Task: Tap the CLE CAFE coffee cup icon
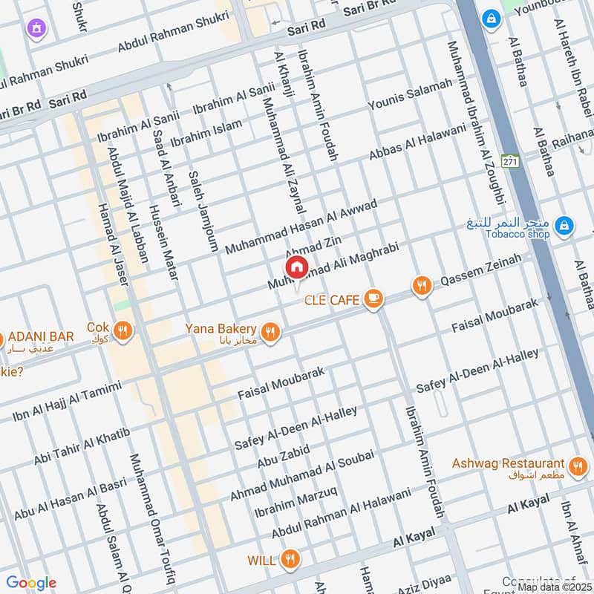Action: tap(373, 299)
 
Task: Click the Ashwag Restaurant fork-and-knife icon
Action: tap(578, 464)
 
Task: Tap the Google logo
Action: tap(30, 583)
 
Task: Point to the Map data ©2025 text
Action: tap(555, 587)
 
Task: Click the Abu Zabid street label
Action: tap(283, 454)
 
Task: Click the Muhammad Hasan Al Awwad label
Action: tap(301, 225)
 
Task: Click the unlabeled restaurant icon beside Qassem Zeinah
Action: tap(422, 285)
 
